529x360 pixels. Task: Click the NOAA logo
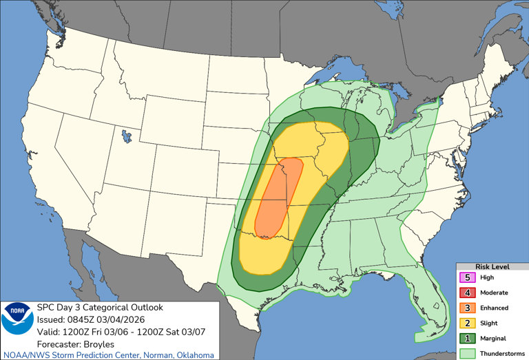point(16,318)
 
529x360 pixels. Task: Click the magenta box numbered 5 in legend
point(467,278)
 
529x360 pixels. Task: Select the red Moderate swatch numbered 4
point(467,293)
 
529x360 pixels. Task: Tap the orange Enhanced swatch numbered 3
point(467,308)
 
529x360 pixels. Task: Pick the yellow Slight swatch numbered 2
point(467,324)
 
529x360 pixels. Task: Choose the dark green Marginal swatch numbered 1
point(467,339)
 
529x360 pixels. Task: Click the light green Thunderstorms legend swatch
point(467,353)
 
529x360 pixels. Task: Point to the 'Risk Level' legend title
point(492,266)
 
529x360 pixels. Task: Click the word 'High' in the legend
point(488,278)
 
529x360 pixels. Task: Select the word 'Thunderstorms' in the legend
point(503,353)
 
